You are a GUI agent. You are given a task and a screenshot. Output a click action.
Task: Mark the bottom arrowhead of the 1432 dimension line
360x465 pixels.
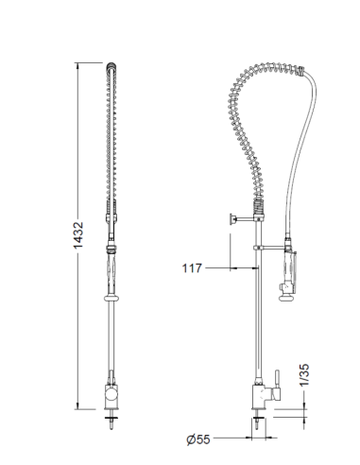point(86,411)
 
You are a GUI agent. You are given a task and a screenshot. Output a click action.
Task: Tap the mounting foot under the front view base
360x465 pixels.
point(112,420)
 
